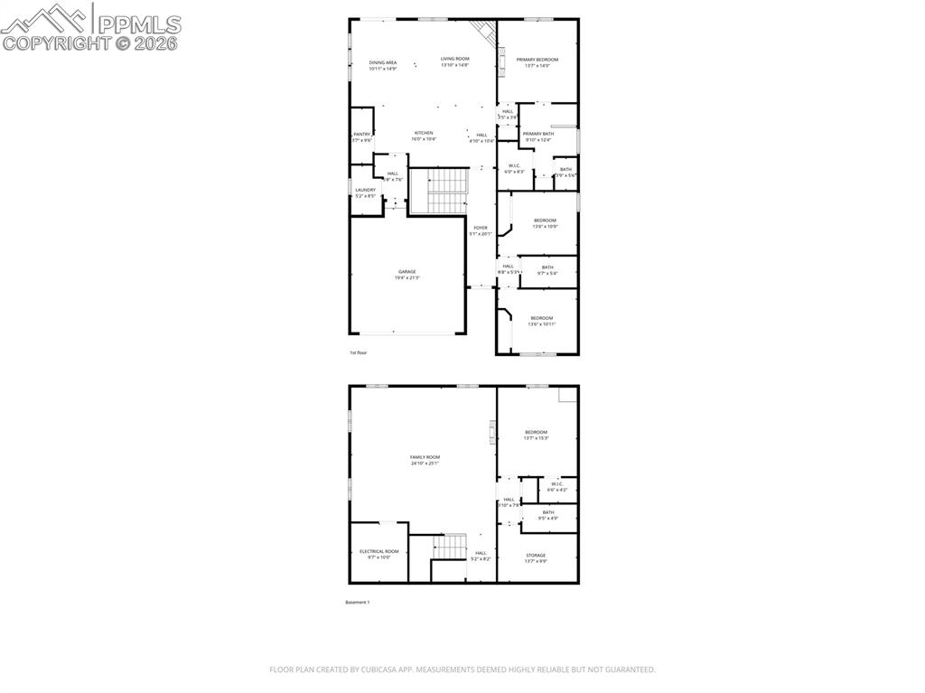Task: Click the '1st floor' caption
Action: pyautogui.click(x=359, y=352)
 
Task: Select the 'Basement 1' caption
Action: pyautogui.click(x=358, y=602)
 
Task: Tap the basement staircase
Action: pyautogui.click(x=448, y=547)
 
